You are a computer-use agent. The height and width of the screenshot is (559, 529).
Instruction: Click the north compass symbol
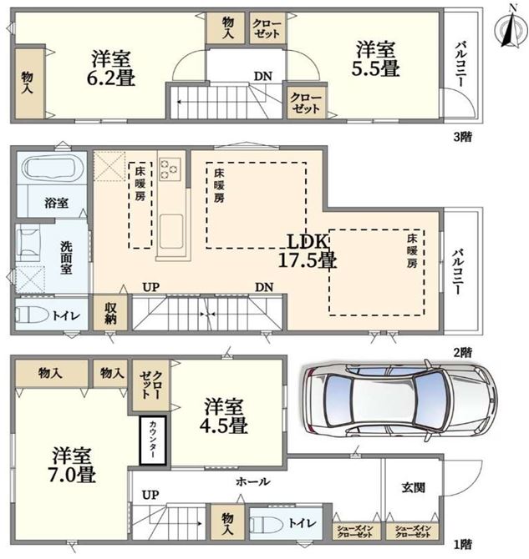point(511,29)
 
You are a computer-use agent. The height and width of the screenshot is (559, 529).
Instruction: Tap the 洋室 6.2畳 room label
point(111,68)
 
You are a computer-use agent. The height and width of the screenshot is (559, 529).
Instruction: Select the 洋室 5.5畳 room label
point(375,59)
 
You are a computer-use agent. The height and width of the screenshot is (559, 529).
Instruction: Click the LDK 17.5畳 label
point(308,251)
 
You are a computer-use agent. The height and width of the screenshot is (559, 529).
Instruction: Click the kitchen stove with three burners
point(170,169)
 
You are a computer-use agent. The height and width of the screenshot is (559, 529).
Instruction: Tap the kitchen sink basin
point(171,231)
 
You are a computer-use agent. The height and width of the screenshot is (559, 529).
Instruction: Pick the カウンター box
point(153,441)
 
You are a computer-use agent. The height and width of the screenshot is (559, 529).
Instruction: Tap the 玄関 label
point(414,487)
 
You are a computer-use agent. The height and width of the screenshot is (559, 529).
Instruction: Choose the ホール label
point(253,482)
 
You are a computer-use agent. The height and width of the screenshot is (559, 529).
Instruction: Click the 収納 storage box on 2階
point(110,314)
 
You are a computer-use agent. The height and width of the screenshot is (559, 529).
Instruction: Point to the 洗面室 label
point(66,258)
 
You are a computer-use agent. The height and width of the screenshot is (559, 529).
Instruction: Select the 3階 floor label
point(463,137)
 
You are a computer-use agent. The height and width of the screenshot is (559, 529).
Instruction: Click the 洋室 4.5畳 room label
point(224,416)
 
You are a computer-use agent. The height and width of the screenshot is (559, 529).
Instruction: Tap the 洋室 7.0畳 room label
point(72,465)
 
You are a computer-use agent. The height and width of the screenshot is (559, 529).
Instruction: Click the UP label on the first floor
point(150,495)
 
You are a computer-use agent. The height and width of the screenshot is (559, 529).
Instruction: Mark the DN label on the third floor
point(263,76)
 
